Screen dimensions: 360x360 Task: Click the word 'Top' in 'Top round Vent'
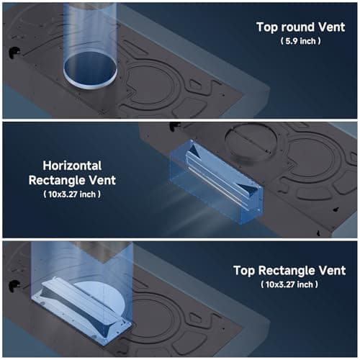267,27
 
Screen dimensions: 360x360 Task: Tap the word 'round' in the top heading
297,27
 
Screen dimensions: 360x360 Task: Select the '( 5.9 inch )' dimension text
300,41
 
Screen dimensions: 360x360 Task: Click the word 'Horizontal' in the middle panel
72,166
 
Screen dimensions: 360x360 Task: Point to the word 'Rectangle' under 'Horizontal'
57,181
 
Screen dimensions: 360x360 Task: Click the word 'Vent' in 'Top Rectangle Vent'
333,270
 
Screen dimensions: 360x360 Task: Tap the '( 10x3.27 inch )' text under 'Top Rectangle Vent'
289,284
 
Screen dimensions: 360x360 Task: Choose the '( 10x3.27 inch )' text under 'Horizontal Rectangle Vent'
72,194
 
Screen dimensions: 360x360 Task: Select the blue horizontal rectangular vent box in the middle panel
215,182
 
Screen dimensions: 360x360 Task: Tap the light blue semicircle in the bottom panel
103,297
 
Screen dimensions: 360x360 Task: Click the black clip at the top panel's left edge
14,52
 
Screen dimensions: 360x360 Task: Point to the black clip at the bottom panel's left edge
14,286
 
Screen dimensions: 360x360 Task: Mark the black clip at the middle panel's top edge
174,126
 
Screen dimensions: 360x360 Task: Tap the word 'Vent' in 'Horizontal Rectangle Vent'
102,181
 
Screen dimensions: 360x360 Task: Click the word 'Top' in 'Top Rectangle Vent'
245,271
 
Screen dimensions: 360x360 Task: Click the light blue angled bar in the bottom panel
81,310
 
